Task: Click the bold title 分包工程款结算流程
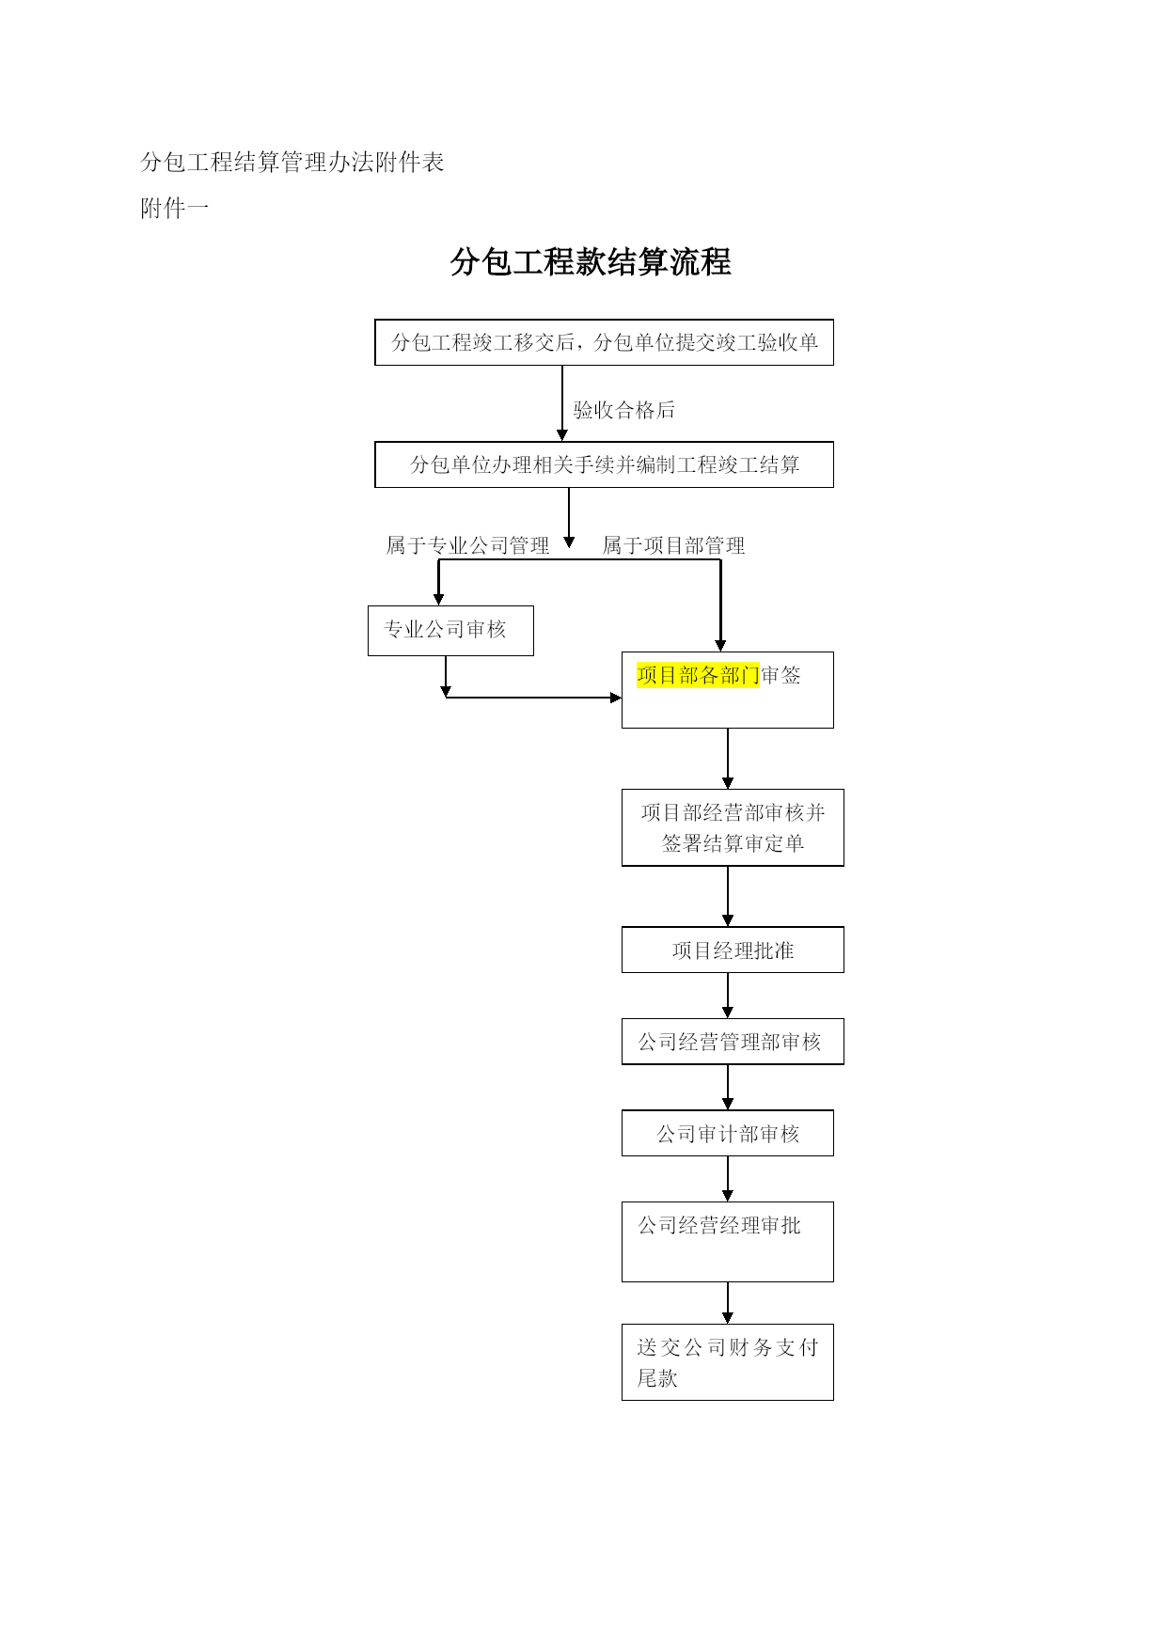coord(591,261)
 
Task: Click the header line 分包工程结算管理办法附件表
coord(292,163)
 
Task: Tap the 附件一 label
coord(175,209)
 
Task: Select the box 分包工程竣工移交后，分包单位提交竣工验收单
coord(604,342)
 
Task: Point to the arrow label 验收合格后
coord(624,410)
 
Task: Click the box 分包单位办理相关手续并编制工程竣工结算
coord(604,464)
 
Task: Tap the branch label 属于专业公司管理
coord(467,545)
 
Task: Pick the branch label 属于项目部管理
coord(673,545)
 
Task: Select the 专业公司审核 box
coord(450,631)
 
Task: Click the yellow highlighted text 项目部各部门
coord(698,675)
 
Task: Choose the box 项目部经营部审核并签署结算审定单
coord(733,827)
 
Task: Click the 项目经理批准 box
coord(733,950)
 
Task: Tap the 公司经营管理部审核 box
coord(733,1042)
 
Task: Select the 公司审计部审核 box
coord(728,1133)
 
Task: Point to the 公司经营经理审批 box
coord(728,1241)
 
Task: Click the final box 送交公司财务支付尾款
coord(728,1362)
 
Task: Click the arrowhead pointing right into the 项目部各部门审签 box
coord(616,698)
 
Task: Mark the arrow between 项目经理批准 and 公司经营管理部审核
coord(728,996)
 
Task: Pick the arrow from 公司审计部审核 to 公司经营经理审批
coord(728,1179)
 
